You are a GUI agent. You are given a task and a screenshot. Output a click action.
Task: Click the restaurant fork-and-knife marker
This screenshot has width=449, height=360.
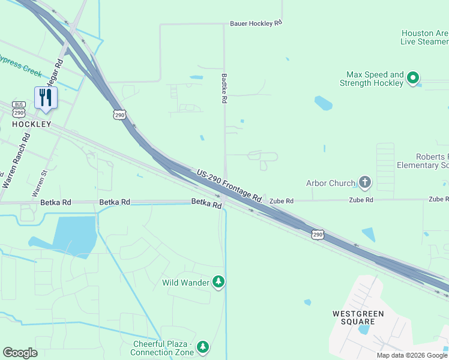[x=46, y=98]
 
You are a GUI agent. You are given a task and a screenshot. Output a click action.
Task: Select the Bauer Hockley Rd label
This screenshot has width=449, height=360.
[x=256, y=24]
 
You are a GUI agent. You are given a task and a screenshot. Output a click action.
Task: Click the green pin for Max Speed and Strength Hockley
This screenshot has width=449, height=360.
[x=412, y=78]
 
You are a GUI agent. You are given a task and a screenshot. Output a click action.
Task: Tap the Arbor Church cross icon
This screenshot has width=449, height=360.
[x=364, y=182]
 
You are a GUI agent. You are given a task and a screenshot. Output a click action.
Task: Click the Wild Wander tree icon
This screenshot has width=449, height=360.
[x=218, y=282]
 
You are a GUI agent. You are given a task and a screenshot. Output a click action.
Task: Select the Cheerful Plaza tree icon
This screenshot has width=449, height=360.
[x=203, y=347]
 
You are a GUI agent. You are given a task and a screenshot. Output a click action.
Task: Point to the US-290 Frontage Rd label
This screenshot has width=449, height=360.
[x=231, y=185]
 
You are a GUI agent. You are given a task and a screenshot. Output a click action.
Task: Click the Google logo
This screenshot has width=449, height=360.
[x=20, y=353]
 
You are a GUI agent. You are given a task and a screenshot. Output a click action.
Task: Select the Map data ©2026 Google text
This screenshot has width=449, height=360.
[x=412, y=355]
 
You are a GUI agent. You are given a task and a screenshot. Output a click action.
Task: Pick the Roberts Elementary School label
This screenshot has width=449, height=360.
[x=423, y=161]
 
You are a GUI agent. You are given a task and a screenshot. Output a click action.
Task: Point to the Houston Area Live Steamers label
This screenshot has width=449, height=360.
[x=424, y=37]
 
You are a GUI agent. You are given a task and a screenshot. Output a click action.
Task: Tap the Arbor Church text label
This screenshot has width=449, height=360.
[x=331, y=183]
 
